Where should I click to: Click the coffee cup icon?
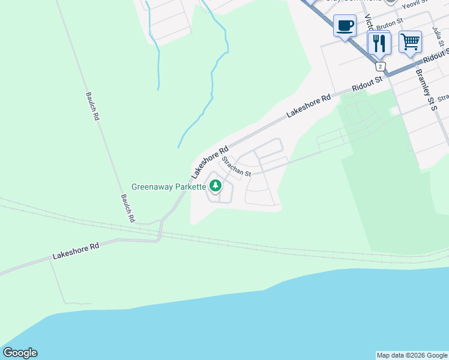pos(345,26)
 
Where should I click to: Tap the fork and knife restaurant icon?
pos(379,43)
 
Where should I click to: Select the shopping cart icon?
pos(410,41)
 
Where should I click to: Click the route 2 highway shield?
pos(381,66)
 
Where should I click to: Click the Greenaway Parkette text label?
pos(169,187)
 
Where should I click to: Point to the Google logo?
pos(20,353)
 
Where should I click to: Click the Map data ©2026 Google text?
pos(412,355)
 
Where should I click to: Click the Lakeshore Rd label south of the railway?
pos(75,251)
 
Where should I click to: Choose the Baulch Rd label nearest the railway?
pos(126,208)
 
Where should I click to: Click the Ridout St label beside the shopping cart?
pos(435,57)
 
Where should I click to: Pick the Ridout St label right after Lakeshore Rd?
pos(367,83)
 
